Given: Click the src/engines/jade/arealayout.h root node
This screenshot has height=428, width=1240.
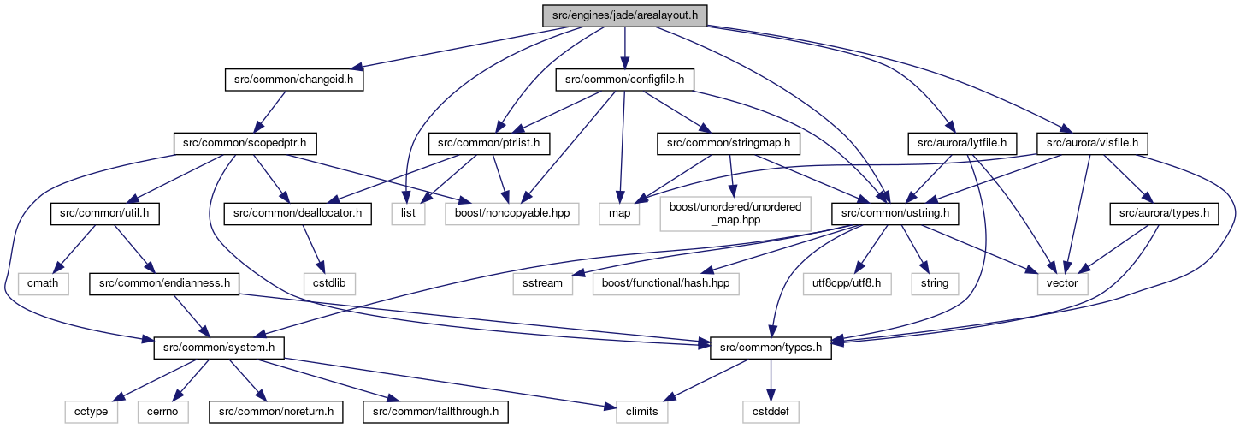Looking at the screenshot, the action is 624,15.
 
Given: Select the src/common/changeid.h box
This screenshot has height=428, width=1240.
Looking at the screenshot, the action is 294,80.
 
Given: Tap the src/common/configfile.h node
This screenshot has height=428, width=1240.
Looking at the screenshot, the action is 624,80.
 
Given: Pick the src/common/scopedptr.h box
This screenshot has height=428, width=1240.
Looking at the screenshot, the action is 245,143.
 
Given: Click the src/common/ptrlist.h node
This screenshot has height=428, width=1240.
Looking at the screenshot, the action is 489,143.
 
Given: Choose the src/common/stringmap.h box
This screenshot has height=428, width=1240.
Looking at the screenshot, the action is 729,143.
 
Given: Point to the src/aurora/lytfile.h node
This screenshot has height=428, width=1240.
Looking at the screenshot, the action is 962,143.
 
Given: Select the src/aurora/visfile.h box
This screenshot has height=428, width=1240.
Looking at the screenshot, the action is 1092,143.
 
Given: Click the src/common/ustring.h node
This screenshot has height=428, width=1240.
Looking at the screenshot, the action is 895,213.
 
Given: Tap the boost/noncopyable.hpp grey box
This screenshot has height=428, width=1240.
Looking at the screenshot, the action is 512,213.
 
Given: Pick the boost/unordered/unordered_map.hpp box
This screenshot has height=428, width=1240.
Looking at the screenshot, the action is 735,213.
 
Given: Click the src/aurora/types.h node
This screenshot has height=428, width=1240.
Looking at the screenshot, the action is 1164,213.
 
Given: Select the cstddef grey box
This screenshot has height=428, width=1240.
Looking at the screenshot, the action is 771,412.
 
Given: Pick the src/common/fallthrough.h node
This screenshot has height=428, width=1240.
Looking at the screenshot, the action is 435,412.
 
